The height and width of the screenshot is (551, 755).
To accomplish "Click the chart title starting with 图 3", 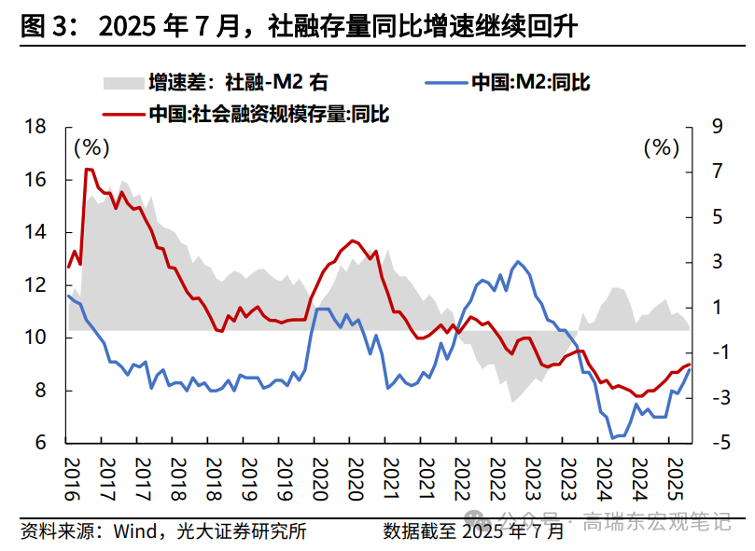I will click(x=299, y=27).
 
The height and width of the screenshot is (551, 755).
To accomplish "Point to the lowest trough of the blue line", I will click(x=612, y=437).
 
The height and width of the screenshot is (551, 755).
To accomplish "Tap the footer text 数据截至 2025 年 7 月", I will click(x=473, y=531).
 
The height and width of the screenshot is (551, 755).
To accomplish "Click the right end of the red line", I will click(x=690, y=365).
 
